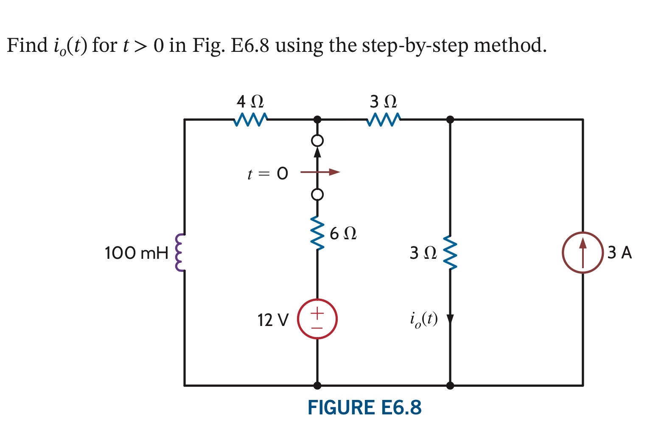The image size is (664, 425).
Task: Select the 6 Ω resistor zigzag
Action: click(317, 233)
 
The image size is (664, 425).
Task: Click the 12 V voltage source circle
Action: click(317, 319)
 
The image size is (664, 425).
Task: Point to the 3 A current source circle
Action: click(583, 252)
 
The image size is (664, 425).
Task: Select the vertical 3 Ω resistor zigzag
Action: click(450, 253)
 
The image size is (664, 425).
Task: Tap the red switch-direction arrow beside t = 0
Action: click(320, 172)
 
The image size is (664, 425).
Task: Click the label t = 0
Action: click(267, 174)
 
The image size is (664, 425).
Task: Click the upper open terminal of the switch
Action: click(317, 140)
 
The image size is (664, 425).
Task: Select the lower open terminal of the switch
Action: click(317, 195)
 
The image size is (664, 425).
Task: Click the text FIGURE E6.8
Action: click(364, 408)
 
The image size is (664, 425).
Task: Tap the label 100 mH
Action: click(136, 253)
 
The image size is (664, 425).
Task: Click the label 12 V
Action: click(272, 320)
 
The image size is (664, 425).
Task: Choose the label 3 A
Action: click(619, 253)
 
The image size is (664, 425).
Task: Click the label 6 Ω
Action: click(343, 233)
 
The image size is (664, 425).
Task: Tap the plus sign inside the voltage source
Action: click(317, 314)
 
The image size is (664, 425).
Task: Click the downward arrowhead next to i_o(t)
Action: click(450, 319)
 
